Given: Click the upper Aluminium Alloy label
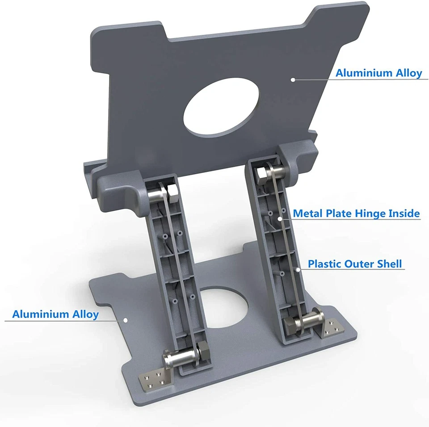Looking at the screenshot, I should tap(379, 73).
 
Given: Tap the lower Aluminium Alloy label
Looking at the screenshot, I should tap(55, 314).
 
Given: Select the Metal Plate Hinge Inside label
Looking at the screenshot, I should tap(356, 213).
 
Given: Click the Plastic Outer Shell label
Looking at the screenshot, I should tap(355, 264).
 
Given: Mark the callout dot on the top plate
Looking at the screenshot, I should tap(293, 80).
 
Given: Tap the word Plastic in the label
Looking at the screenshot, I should tap(325, 264).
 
